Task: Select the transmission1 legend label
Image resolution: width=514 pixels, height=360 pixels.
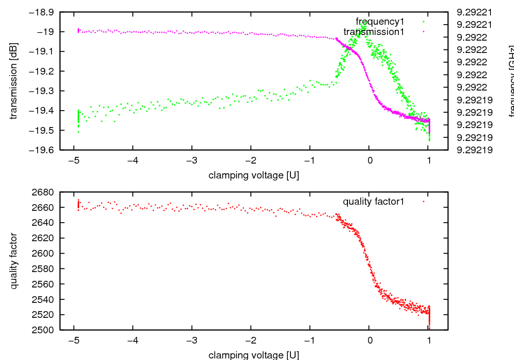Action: click(374, 32)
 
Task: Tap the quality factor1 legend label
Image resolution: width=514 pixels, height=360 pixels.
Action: click(374, 202)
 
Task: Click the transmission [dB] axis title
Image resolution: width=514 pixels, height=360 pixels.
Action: click(14, 81)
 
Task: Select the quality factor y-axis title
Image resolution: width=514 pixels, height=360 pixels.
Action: click(14, 261)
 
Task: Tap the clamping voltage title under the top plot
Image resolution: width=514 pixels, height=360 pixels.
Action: click(254, 175)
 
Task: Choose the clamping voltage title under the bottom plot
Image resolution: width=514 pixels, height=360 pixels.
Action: click(254, 355)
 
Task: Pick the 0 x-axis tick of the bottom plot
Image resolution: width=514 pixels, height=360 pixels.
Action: click(370, 340)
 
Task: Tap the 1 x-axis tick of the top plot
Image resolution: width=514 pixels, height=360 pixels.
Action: click(429, 160)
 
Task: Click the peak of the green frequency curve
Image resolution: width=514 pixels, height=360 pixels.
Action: click(364, 23)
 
